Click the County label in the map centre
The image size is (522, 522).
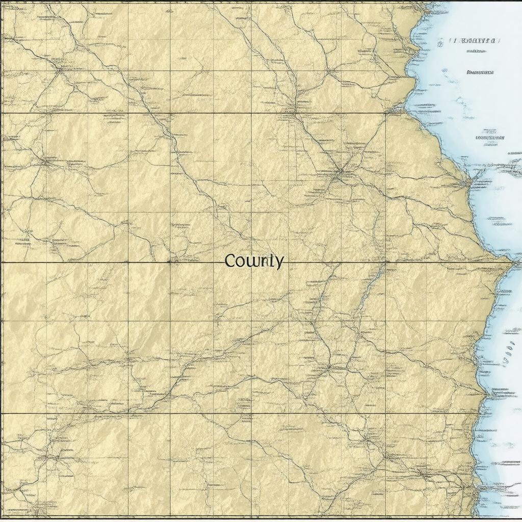click(254, 261)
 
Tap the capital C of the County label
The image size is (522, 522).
click(230, 261)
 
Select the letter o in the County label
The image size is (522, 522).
click(241, 262)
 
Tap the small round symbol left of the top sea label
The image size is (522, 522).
click(440, 44)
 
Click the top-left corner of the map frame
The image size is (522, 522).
click(2, 2)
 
